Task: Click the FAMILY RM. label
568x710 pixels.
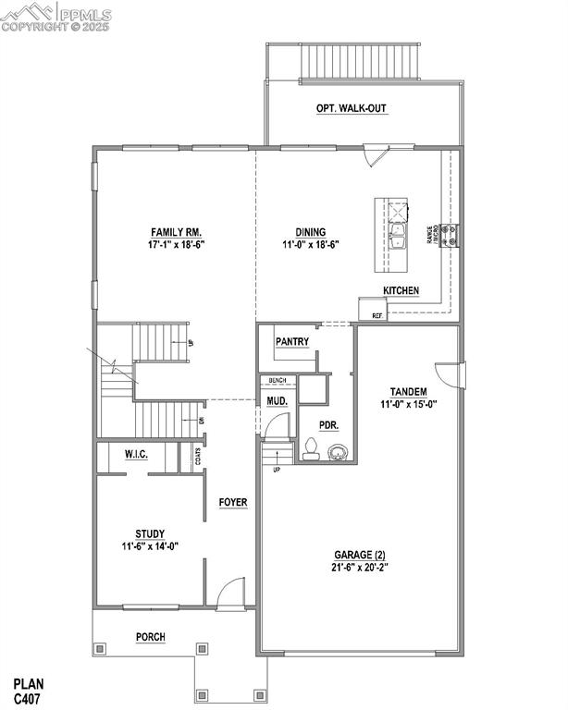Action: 177,232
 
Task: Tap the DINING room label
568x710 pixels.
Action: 310,232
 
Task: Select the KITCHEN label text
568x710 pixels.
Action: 401,291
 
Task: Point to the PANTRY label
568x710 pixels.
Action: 291,342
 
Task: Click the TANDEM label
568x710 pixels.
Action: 408,391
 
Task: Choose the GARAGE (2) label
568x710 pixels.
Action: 360,555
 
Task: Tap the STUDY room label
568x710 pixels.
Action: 150,533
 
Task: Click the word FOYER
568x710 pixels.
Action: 233,503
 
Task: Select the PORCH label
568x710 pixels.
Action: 151,637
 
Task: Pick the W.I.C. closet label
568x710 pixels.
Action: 137,455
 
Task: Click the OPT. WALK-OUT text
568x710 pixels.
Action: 352,109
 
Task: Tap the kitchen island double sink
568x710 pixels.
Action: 399,237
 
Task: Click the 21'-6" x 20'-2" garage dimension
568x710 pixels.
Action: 360,567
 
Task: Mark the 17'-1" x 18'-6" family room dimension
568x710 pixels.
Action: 177,245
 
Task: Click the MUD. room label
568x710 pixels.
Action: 277,402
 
